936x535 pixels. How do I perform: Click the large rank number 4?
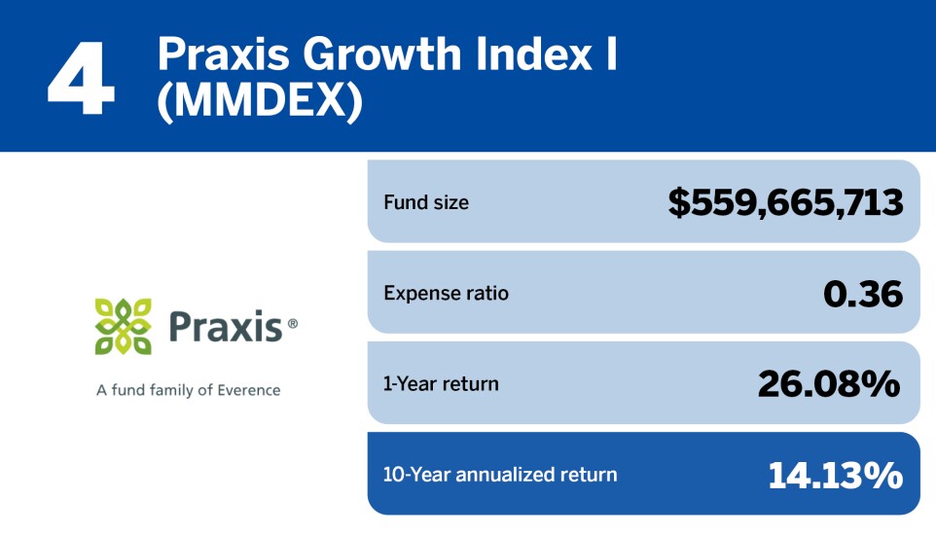point(81,78)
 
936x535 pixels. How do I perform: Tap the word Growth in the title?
point(382,54)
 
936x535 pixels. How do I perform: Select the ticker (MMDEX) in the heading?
point(260,100)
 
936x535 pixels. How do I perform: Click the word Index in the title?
point(533,53)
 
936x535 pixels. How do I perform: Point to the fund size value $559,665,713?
point(785,201)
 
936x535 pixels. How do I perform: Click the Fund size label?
point(426,202)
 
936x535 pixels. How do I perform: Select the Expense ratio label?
point(446,293)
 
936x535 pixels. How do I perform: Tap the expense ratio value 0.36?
point(863,294)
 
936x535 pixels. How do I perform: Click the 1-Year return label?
point(441,384)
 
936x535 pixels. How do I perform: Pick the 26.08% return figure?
point(829,384)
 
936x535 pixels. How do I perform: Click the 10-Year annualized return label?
point(500,475)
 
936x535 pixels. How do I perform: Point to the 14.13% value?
point(835,476)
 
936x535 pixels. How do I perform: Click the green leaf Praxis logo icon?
point(123,327)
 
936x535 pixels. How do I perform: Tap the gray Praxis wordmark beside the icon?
point(226,327)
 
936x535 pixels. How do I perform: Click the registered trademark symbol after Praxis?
point(293,324)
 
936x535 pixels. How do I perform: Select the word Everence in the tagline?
point(249,390)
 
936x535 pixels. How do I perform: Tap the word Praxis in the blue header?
point(223,54)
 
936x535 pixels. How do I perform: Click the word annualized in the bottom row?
point(505,475)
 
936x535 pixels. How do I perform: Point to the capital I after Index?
point(611,53)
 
